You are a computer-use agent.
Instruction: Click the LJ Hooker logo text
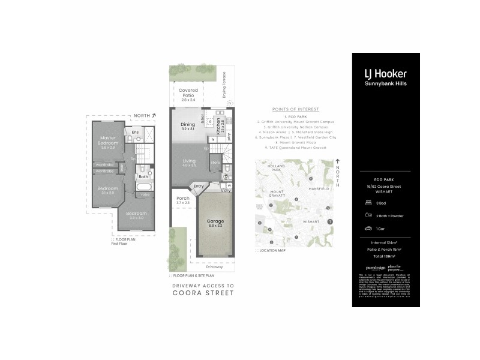[x=386, y=73]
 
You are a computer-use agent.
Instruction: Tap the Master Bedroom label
[x=107, y=141]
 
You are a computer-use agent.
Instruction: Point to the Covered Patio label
[x=188, y=93]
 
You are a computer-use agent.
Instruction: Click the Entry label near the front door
[x=199, y=187]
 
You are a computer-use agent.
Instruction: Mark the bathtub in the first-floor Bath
[x=143, y=193]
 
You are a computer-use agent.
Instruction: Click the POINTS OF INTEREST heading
[x=295, y=110]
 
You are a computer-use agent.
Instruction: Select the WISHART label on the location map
[x=311, y=221]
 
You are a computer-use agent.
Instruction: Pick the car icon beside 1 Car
[x=367, y=229]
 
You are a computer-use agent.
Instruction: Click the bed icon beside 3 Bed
[x=367, y=203]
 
